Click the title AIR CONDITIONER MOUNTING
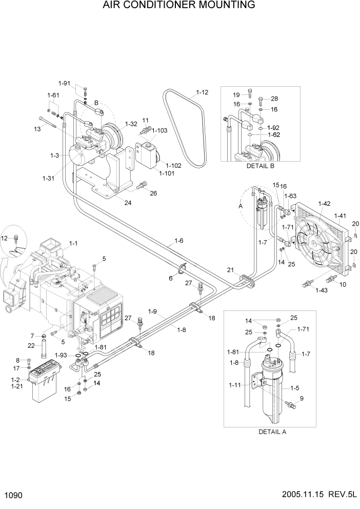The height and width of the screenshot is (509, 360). click(179, 6)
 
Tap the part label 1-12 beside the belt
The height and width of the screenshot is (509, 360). click(202, 93)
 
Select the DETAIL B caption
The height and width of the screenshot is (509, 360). click(261, 166)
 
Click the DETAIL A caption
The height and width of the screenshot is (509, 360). click(272, 432)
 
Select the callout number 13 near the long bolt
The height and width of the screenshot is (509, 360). click(37, 129)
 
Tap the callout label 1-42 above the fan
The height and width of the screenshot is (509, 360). click(324, 204)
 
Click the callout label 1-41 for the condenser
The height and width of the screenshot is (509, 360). click(340, 216)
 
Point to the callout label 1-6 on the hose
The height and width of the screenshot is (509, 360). click(179, 240)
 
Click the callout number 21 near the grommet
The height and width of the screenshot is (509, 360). click(230, 270)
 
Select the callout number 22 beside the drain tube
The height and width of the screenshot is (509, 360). click(32, 345)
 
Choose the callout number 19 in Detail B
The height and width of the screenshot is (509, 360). click(236, 95)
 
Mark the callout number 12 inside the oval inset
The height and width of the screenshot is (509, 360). click(5, 238)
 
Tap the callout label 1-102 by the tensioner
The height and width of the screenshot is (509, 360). click(174, 165)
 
